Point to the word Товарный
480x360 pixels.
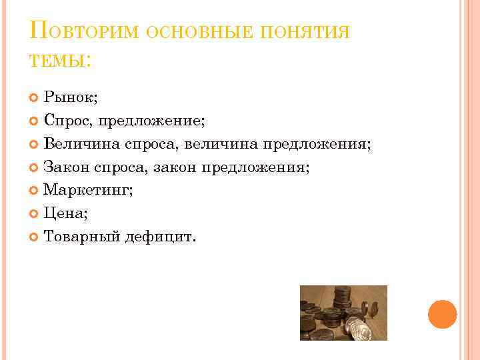(x=81, y=237)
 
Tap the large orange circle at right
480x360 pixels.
(x=442, y=313)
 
